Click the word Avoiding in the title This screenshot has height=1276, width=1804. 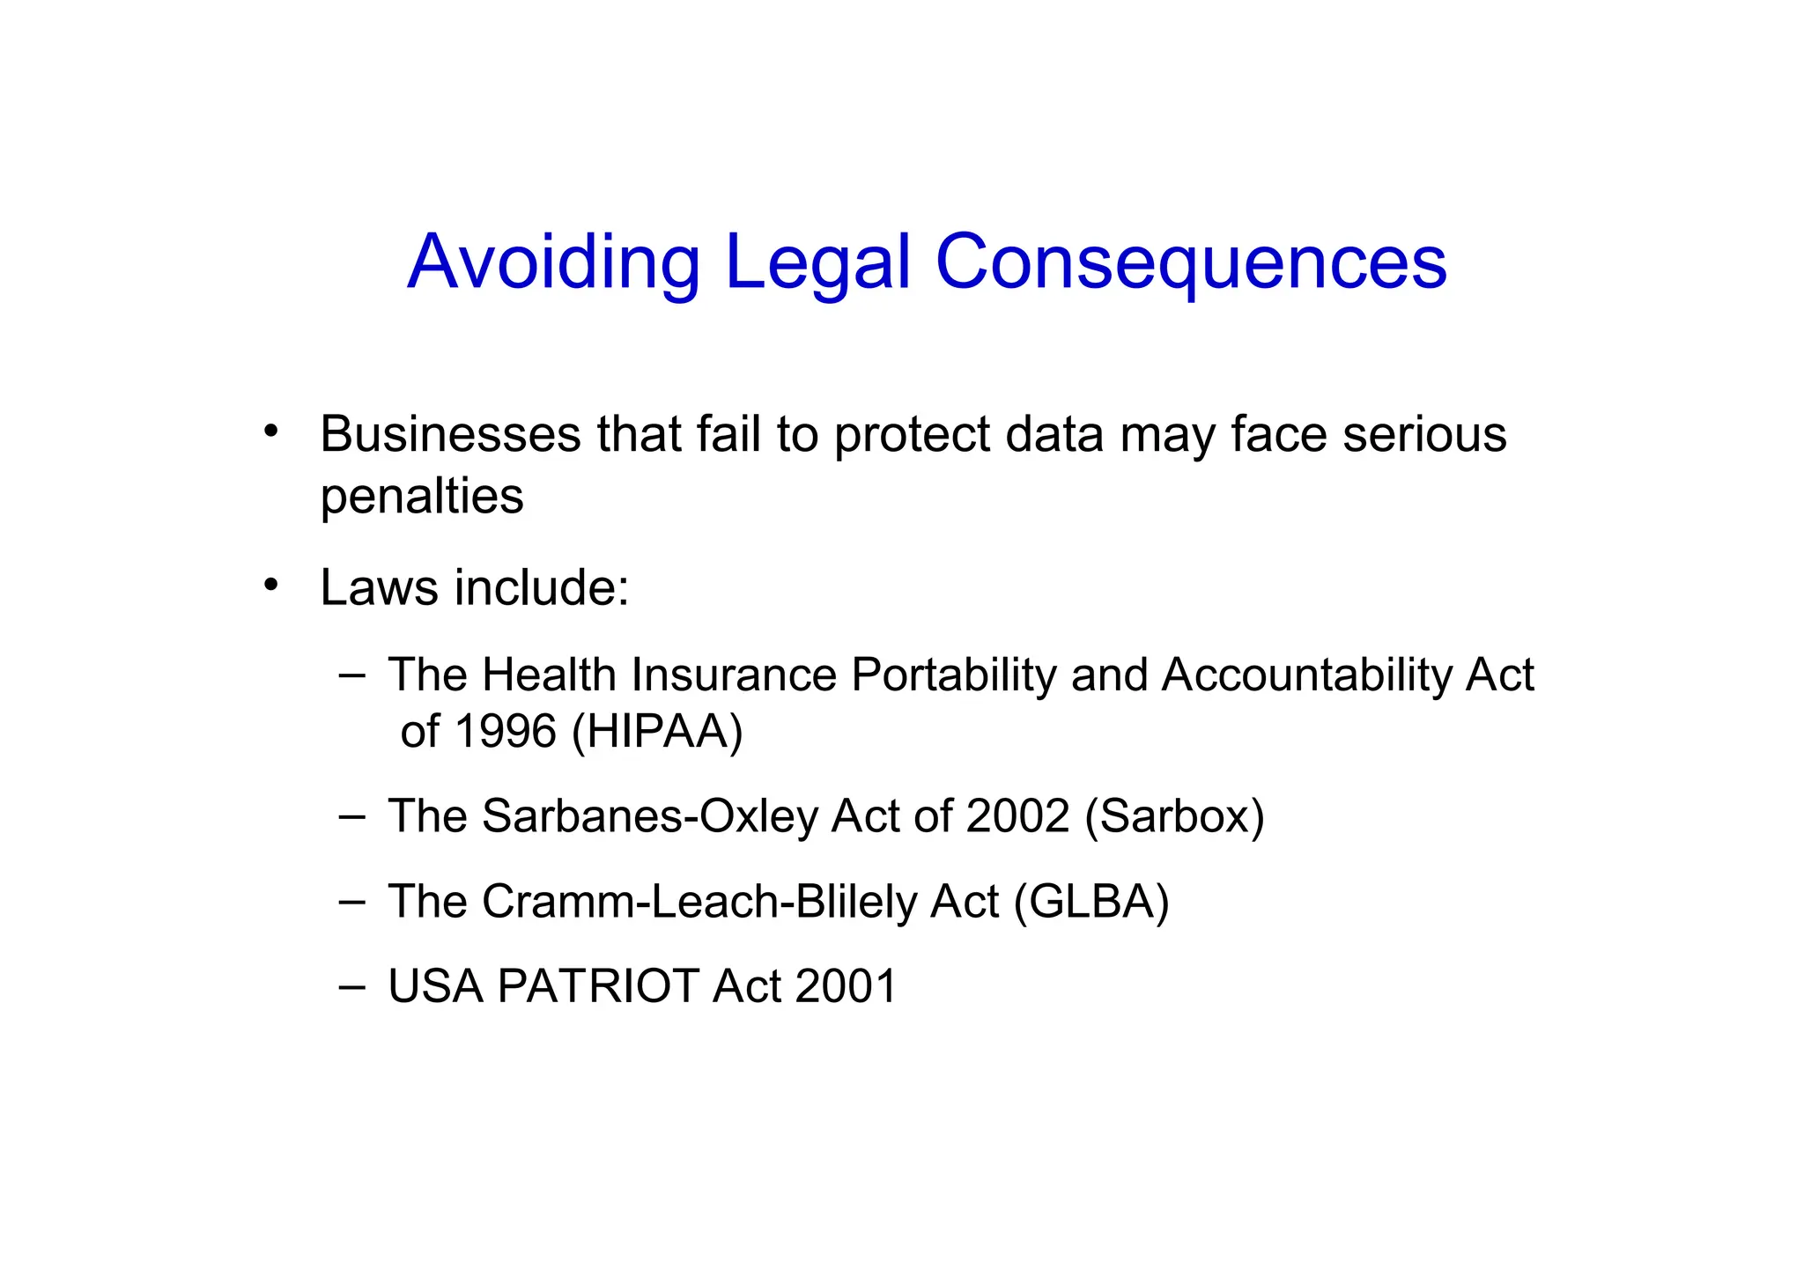(553, 262)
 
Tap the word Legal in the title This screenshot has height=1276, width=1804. (817, 262)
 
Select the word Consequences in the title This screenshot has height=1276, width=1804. (1190, 262)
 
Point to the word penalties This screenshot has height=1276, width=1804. (421, 497)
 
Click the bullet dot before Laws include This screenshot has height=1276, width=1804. (271, 585)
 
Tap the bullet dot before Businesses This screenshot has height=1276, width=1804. (271, 431)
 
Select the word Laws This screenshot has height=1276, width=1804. (378, 587)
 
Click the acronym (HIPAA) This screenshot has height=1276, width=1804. (657, 731)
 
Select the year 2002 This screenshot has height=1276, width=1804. (1017, 816)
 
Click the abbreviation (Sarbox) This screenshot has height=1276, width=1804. (1174, 816)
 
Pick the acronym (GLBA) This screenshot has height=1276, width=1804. (1091, 902)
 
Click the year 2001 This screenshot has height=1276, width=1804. (846, 986)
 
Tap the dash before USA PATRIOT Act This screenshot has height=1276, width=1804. (351, 985)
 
